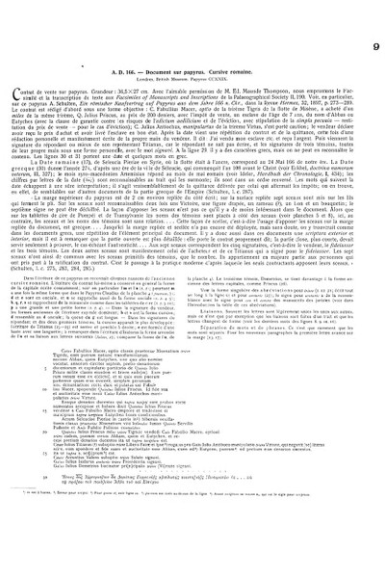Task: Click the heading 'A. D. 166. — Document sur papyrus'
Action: (192, 46)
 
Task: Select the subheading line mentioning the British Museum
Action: (192, 55)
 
